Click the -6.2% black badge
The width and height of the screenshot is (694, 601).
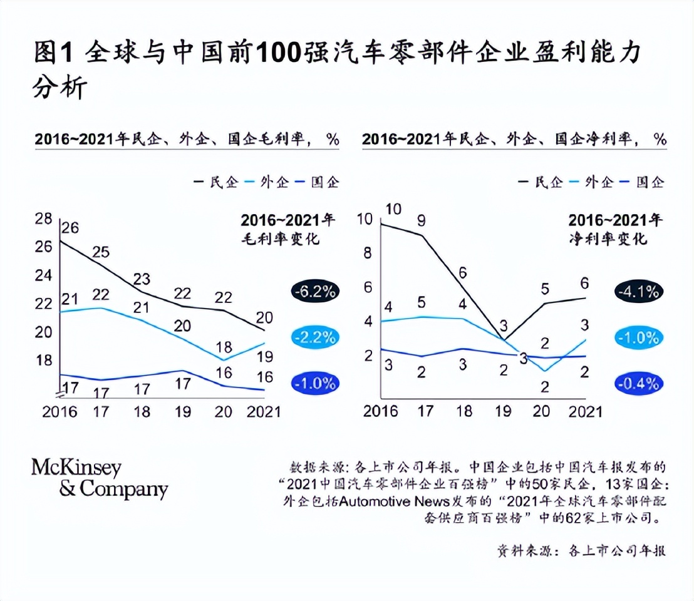[x=314, y=292]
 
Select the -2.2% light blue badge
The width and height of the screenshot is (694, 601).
[x=314, y=337]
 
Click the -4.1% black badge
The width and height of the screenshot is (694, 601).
[x=638, y=292]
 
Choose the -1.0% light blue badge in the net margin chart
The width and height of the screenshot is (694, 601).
[x=638, y=337]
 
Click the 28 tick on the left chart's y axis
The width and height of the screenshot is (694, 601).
[x=43, y=218]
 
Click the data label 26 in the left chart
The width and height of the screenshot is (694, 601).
[x=70, y=227]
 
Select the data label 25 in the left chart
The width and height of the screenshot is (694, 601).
[x=101, y=252]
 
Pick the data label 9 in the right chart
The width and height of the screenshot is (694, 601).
[x=421, y=220]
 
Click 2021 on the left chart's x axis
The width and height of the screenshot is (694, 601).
[x=263, y=411]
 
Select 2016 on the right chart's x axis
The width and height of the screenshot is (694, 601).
[x=381, y=411]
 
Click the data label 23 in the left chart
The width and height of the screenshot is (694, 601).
[x=143, y=279]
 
